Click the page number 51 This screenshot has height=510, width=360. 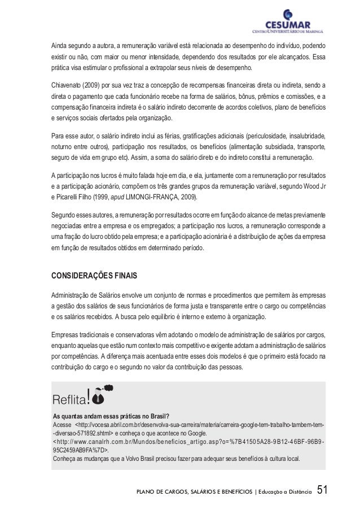pos(322,490)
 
